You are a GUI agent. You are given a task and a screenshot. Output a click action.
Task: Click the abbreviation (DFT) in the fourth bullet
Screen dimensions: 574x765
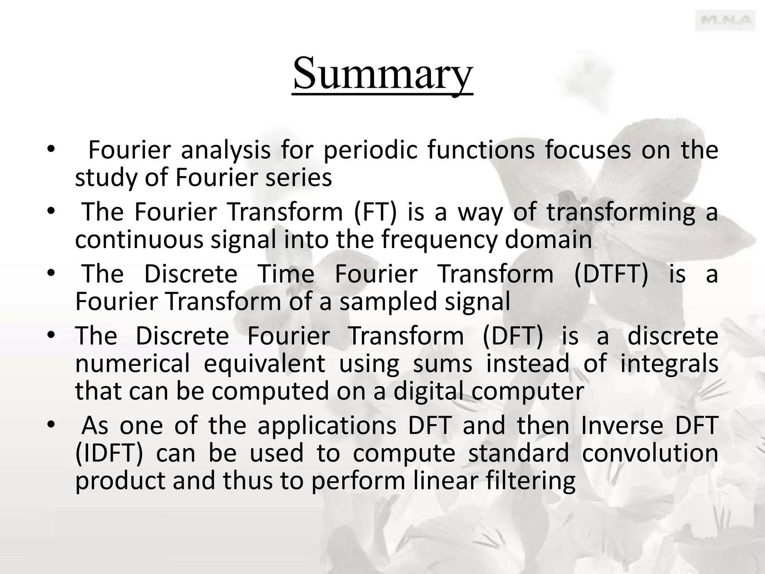(512, 336)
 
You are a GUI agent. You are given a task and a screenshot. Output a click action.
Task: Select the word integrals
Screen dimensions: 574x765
(669, 364)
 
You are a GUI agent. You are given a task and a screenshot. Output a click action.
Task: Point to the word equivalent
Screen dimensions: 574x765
(264, 364)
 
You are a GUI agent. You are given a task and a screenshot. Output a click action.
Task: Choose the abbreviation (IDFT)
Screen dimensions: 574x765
(109, 453)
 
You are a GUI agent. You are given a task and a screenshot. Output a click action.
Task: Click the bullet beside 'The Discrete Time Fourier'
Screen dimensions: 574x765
(51, 274)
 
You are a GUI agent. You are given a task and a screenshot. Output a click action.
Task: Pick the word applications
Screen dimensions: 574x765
(327, 426)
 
